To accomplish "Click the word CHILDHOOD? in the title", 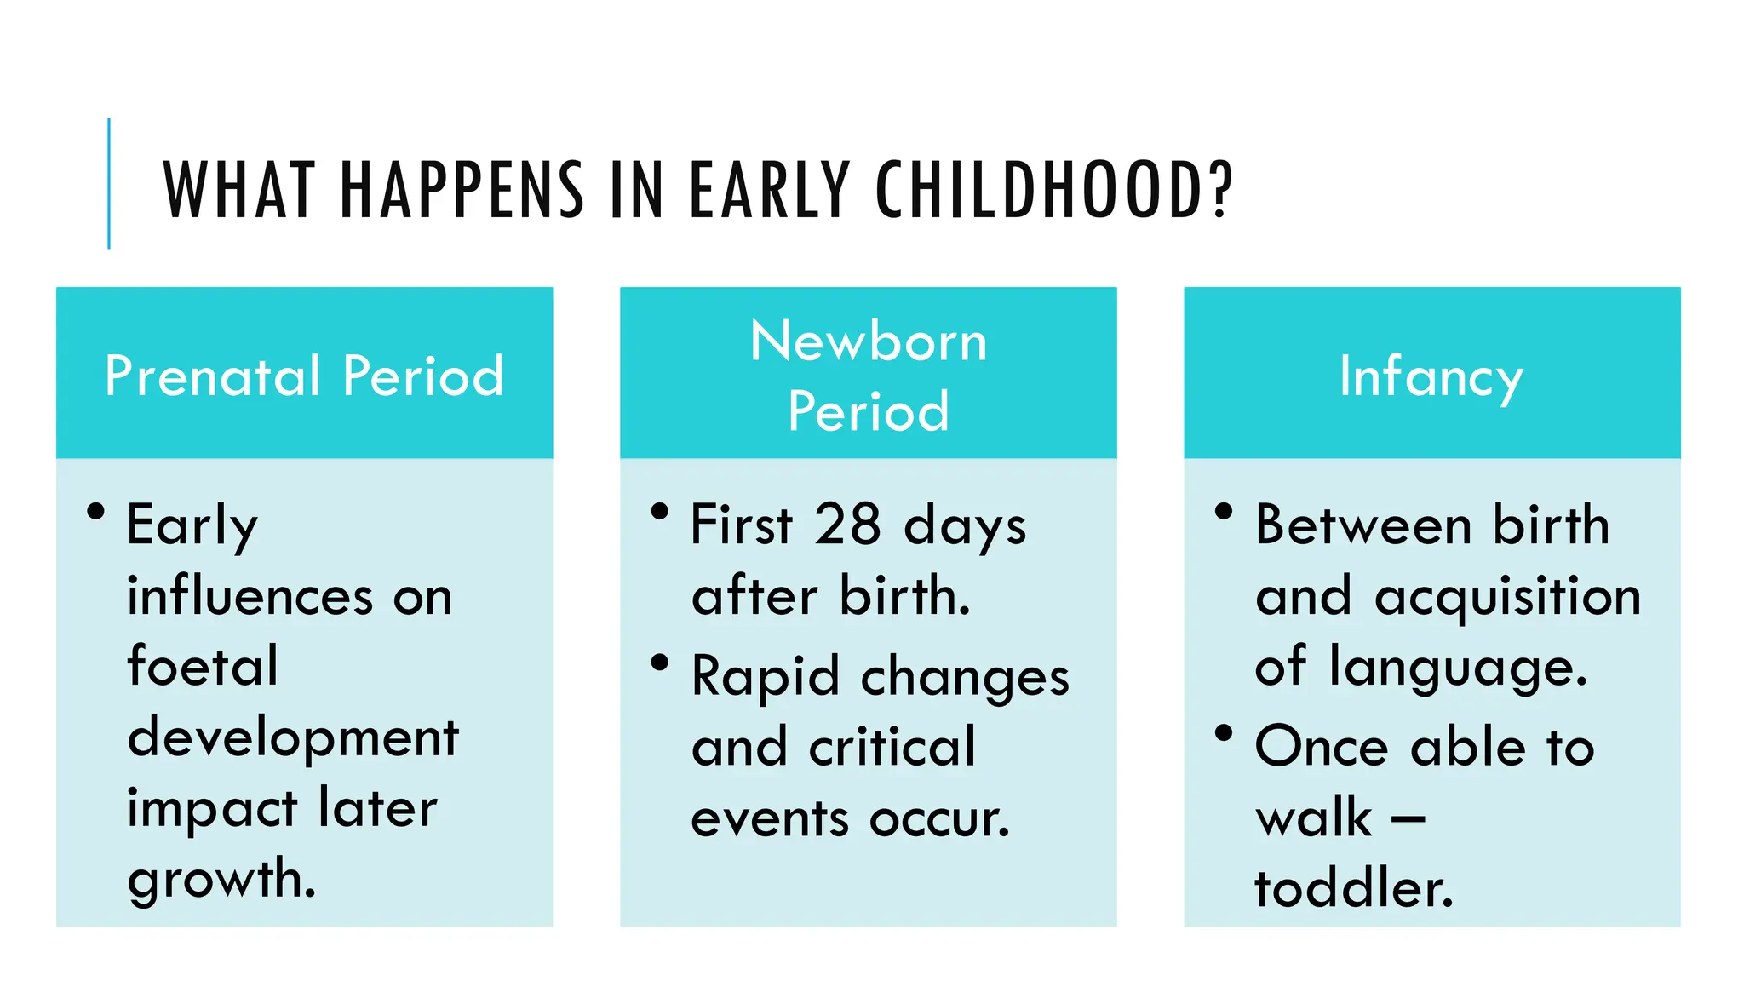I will point(1053,190).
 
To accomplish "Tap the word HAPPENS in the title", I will point(462,190).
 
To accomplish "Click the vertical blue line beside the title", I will point(109,183).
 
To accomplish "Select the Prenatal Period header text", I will point(304,376).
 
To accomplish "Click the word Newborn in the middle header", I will point(868,341).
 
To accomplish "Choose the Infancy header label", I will point(1431,376).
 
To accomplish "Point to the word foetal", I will point(203,666).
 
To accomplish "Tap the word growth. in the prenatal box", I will point(221,880).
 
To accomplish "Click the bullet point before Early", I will point(95,511).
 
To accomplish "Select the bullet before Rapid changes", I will point(659,662).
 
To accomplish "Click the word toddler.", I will point(1354,888).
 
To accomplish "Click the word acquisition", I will point(1507,597).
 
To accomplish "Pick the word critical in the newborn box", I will point(892,748).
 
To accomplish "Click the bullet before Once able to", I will point(1224,732).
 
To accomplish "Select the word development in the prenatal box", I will point(293,737).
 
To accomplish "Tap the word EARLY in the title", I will point(769,190).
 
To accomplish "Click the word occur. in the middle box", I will point(939,819).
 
